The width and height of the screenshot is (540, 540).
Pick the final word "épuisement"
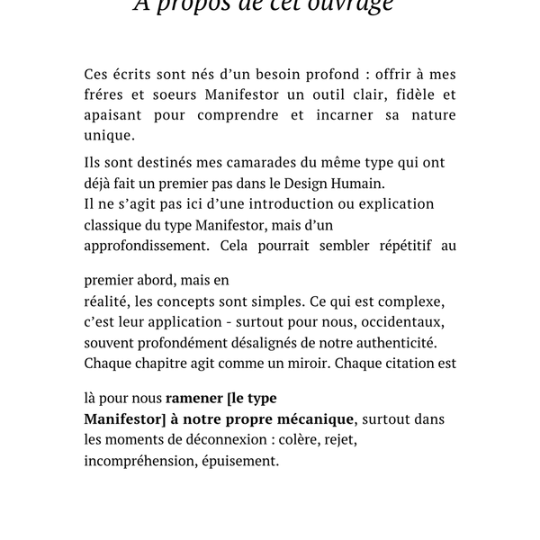click(x=244, y=462)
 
